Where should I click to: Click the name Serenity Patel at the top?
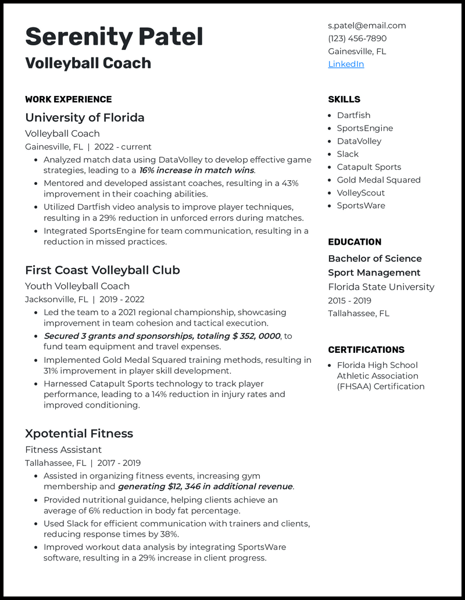(114, 37)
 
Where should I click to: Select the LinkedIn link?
(346, 64)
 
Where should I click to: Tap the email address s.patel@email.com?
(367, 26)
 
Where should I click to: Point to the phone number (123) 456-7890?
(357, 38)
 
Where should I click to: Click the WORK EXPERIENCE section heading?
(69, 99)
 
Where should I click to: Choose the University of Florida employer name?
(85, 117)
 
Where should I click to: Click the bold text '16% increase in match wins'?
(196, 170)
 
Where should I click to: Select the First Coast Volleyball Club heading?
(102, 270)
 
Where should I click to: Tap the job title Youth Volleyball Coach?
(77, 286)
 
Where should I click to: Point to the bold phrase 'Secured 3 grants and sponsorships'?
(119, 336)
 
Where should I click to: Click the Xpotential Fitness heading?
(79, 433)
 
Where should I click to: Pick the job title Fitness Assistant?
(63, 449)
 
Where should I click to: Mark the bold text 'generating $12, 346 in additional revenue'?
(205, 487)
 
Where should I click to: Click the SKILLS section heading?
(344, 99)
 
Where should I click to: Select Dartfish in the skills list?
(353, 115)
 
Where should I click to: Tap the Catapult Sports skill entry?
(369, 167)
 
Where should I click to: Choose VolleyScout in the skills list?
(360, 192)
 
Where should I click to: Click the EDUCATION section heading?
(355, 242)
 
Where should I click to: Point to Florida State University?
(381, 287)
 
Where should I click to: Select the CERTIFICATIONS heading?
(366, 349)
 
